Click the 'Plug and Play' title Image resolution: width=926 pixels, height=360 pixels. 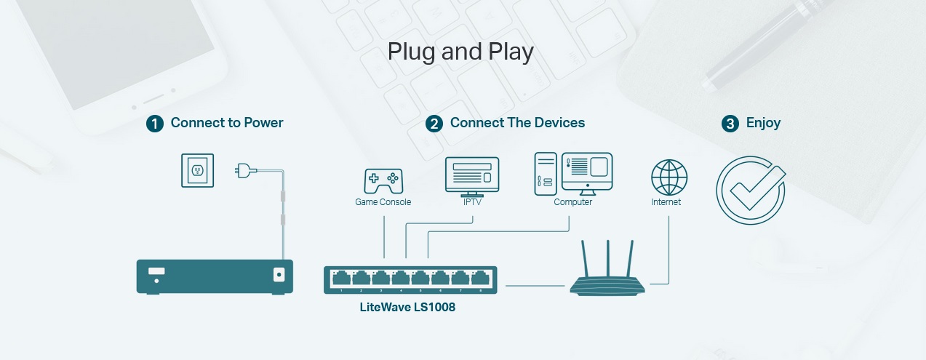pyautogui.click(x=460, y=52)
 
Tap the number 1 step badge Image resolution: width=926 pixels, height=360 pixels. pyautogui.click(x=155, y=124)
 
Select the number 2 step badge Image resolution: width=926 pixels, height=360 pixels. pyautogui.click(x=434, y=124)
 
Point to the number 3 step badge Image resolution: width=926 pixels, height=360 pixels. pyautogui.click(x=730, y=124)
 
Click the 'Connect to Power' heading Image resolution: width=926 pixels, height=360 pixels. pyautogui.click(x=227, y=123)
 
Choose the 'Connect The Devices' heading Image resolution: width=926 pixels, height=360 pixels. pyautogui.click(x=517, y=123)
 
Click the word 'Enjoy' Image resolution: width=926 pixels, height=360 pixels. pyautogui.click(x=763, y=123)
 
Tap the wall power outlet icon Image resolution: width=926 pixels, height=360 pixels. pyautogui.click(x=198, y=170)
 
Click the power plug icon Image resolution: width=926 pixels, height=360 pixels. pyautogui.click(x=245, y=171)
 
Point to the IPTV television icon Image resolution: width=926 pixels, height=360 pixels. pyautogui.click(x=472, y=175)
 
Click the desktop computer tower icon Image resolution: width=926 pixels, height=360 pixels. pyautogui.click(x=546, y=174)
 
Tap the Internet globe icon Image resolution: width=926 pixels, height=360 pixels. pyautogui.click(x=669, y=177)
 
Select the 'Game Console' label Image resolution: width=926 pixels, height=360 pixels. pyautogui.click(x=383, y=202)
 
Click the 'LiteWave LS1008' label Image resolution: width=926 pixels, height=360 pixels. pyautogui.click(x=407, y=307)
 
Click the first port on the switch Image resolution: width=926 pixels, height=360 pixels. pyautogui.click(x=341, y=279)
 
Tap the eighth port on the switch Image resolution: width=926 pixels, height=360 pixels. pyautogui.click(x=479, y=279)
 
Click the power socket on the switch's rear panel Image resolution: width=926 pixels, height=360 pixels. pyautogui.click(x=278, y=275)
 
